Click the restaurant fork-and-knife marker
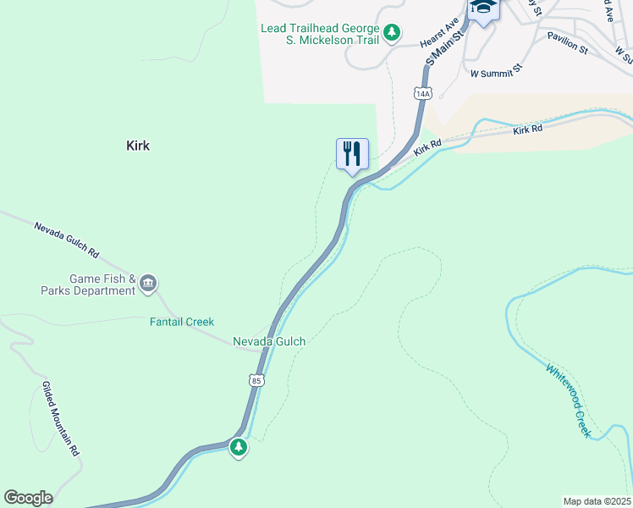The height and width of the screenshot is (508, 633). click(x=352, y=154)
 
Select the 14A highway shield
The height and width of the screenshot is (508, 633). click(x=423, y=92)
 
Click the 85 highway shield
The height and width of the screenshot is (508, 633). click(x=256, y=381)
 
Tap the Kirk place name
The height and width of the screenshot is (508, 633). click(x=138, y=146)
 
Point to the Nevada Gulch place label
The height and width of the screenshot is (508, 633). click(x=269, y=341)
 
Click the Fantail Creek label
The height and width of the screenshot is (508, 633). click(x=182, y=322)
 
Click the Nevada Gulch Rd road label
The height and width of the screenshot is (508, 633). click(x=67, y=240)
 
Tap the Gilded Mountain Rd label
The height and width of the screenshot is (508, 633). click(x=60, y=419)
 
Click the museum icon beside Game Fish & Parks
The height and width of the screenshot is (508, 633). click(x=149, y=283)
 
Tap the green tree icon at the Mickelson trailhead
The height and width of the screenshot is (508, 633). click(x=391, y=33)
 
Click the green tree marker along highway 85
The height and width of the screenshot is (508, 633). click(x=239, y=447)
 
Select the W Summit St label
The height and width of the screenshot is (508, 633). click(x=498, y=71)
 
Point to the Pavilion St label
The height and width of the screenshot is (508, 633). click(x=567, y=43)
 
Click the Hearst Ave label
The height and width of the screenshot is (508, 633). click(x=439, y=32)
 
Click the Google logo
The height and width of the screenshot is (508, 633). click(x=28, y=498)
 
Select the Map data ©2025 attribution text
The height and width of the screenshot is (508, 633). click(x=597, y=500)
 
